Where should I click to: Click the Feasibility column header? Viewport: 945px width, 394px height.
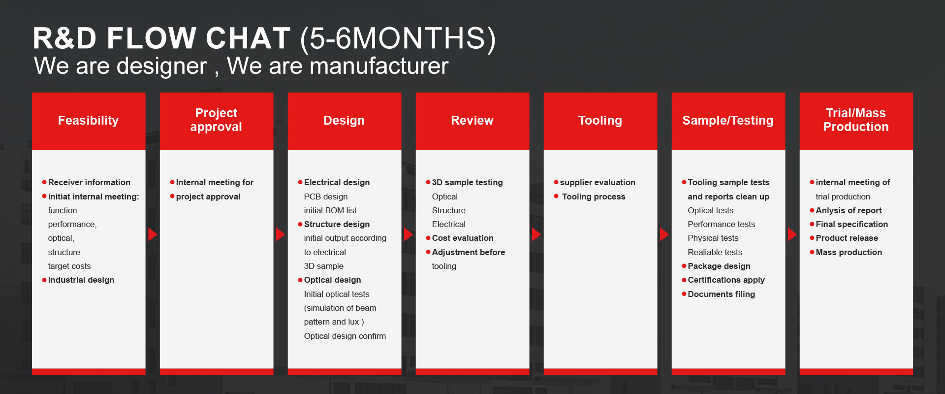coord(89,121)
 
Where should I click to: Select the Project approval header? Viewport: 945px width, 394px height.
coord(217,121)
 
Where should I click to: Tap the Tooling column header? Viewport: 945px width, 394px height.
coord(600,121)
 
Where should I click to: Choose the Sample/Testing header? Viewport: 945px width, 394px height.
coord(728,121)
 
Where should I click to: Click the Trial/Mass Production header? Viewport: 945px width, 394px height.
coord(856,121)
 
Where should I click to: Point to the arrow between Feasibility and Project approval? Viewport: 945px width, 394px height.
coord(153,234)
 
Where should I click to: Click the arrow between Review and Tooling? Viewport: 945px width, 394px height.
coord(536,234)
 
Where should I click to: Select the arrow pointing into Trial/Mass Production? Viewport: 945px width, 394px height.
coord(792,234)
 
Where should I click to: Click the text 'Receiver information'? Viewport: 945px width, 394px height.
coord(89,182)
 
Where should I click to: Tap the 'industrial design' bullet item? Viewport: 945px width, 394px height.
coord(81,280)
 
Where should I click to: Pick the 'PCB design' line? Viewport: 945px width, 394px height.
coord(326,197)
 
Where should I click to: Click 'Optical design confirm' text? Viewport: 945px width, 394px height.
coord(345,336)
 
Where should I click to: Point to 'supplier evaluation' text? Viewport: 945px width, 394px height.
coord(598,182)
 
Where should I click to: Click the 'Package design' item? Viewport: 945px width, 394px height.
coord(719,266)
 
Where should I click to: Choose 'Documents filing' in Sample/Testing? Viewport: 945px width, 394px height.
coord(722,294)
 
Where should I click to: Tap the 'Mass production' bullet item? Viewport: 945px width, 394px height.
coord(849,252)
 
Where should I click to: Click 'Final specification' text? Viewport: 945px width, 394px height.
coord(852,224)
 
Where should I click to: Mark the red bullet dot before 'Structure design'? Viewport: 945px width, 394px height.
coord(300,224)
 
